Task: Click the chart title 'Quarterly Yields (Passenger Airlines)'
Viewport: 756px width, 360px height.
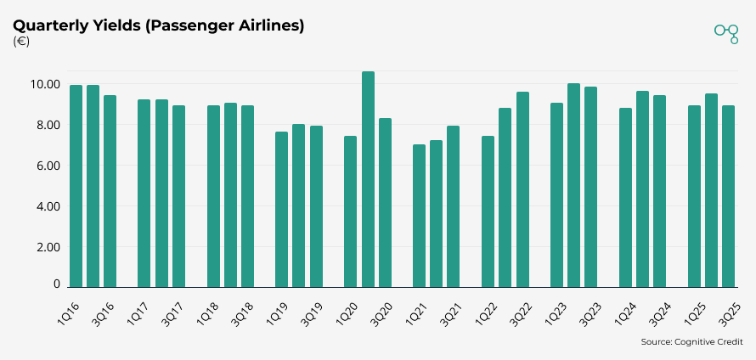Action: point(159,25)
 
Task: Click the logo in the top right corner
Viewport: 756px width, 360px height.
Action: point(726,32)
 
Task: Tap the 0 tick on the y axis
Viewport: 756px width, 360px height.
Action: point(56,285)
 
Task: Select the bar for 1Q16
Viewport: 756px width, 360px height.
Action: point(76,187)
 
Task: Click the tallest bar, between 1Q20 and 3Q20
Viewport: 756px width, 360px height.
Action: point(368,180)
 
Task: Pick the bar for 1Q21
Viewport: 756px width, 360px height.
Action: point(419,217)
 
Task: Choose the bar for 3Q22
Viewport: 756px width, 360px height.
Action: point(522,190)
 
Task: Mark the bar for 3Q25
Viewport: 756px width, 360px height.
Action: point(728,197)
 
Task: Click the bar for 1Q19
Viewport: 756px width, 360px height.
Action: point(281,210)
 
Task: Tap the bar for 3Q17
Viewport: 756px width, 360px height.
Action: point(178,197)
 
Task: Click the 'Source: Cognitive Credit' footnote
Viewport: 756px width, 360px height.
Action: point(691,342)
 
